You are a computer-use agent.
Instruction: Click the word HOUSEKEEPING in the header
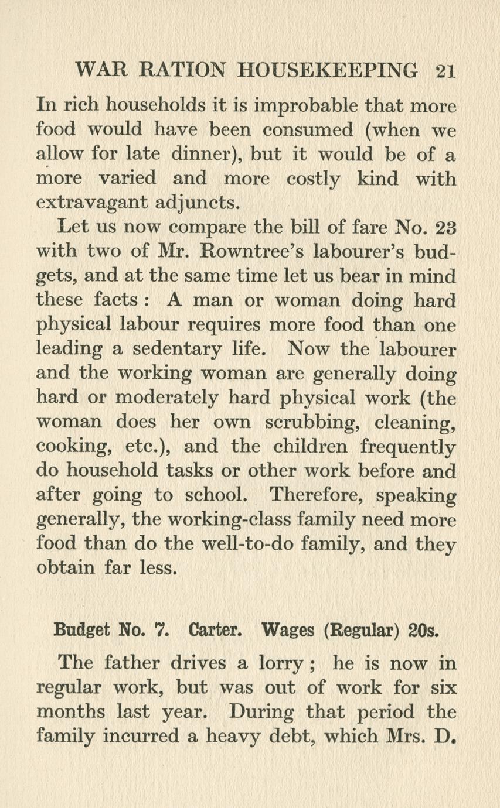coord(328,71)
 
